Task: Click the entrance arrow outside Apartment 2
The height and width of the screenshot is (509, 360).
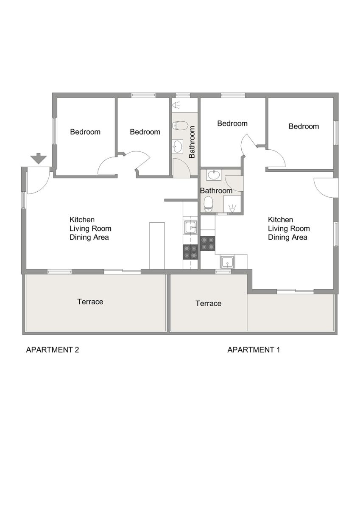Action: pos(39,158)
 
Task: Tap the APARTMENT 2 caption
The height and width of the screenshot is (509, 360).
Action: pos(53,350)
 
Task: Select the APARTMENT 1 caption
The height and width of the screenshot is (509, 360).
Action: pos(254,350)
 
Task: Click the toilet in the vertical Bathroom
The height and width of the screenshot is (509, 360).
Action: pos(180,125)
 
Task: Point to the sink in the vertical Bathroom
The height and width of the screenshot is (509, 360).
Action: pos(178,146)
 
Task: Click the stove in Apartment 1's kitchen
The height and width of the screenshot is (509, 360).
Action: pos(208,243)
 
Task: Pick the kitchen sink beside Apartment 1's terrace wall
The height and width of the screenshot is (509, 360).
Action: pos(227,262)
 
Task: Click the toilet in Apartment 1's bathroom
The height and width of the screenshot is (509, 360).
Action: pos(208,204)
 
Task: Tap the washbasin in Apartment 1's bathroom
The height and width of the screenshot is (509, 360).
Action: pos(214,175)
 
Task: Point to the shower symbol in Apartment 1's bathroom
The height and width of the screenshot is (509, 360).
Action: pos(232,209)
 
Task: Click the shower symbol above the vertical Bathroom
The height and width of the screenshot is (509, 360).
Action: pos(176,105)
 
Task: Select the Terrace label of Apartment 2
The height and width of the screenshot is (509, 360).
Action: pos(90,302)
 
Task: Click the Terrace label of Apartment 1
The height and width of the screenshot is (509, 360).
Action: pos(209,303)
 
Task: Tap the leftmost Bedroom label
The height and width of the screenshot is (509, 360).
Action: pos(85,132)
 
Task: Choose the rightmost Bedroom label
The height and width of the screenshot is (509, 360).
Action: pos(304,126)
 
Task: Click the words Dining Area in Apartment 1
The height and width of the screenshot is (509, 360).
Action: pos(287,237)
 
